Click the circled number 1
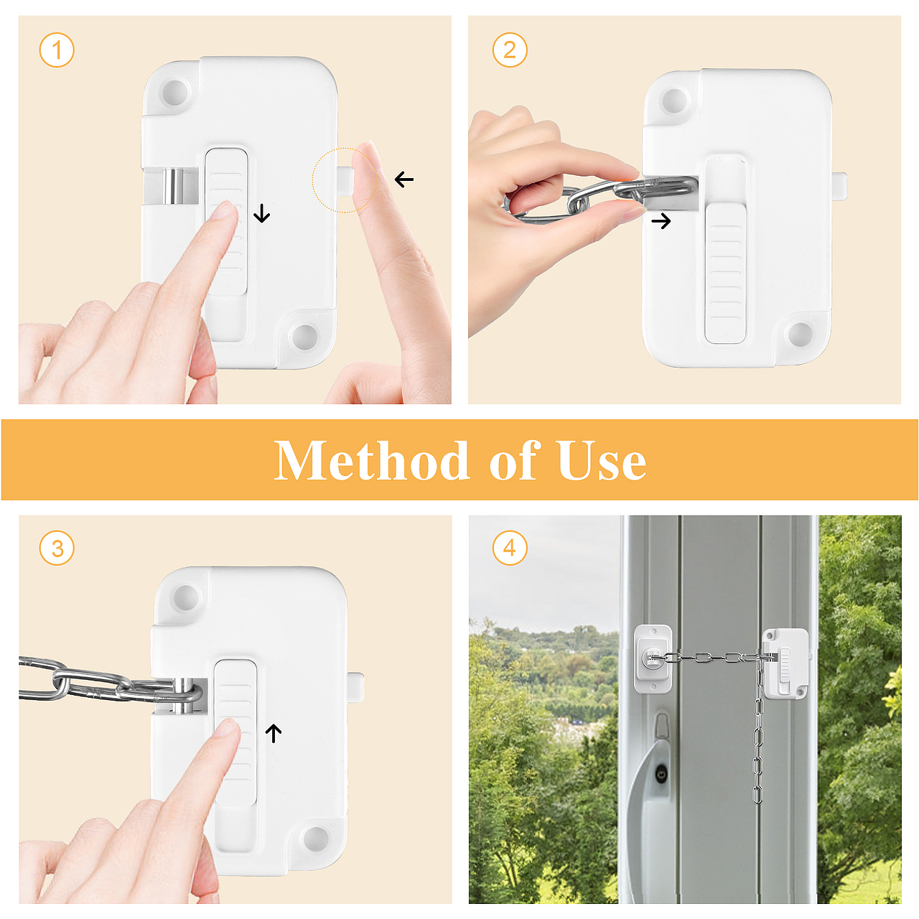[x=57, y=50]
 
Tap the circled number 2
[x=509, y=50]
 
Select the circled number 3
[x=57, y=548]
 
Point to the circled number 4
[x=509, y=548]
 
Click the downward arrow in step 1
[x=261, y=213]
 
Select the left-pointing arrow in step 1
[x=404, y=179]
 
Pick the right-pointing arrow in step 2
[x=661, y=221]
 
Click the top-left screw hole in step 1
[x=174, y=90]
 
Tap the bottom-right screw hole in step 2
[x=801, y=333]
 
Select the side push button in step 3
[x=357, y=687]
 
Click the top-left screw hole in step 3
[x=186, y=597]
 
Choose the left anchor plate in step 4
[x=653, y=659]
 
